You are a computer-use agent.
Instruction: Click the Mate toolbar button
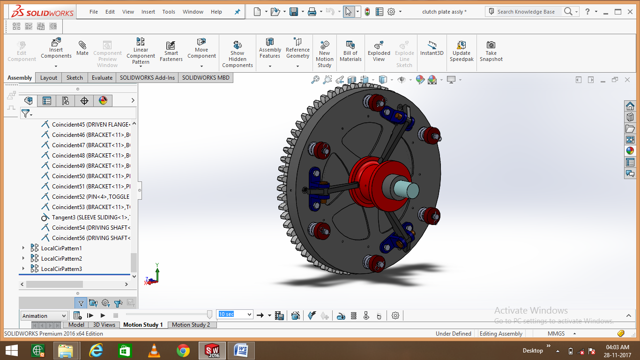82,48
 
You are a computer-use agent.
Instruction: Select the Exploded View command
379,50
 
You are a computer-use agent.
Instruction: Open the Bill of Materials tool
350,50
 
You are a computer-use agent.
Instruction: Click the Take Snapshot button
491,50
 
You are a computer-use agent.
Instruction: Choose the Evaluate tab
102,78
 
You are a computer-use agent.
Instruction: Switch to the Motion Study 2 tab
191,325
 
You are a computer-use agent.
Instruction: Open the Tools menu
169,12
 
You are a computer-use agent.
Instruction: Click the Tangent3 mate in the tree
89,217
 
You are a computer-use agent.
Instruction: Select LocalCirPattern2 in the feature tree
61,259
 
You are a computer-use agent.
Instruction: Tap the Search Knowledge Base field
526,12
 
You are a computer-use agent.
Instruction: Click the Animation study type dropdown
45,316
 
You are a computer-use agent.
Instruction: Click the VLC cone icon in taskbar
153,350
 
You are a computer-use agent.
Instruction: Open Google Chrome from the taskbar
183,350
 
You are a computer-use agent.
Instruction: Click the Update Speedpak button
461,50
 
